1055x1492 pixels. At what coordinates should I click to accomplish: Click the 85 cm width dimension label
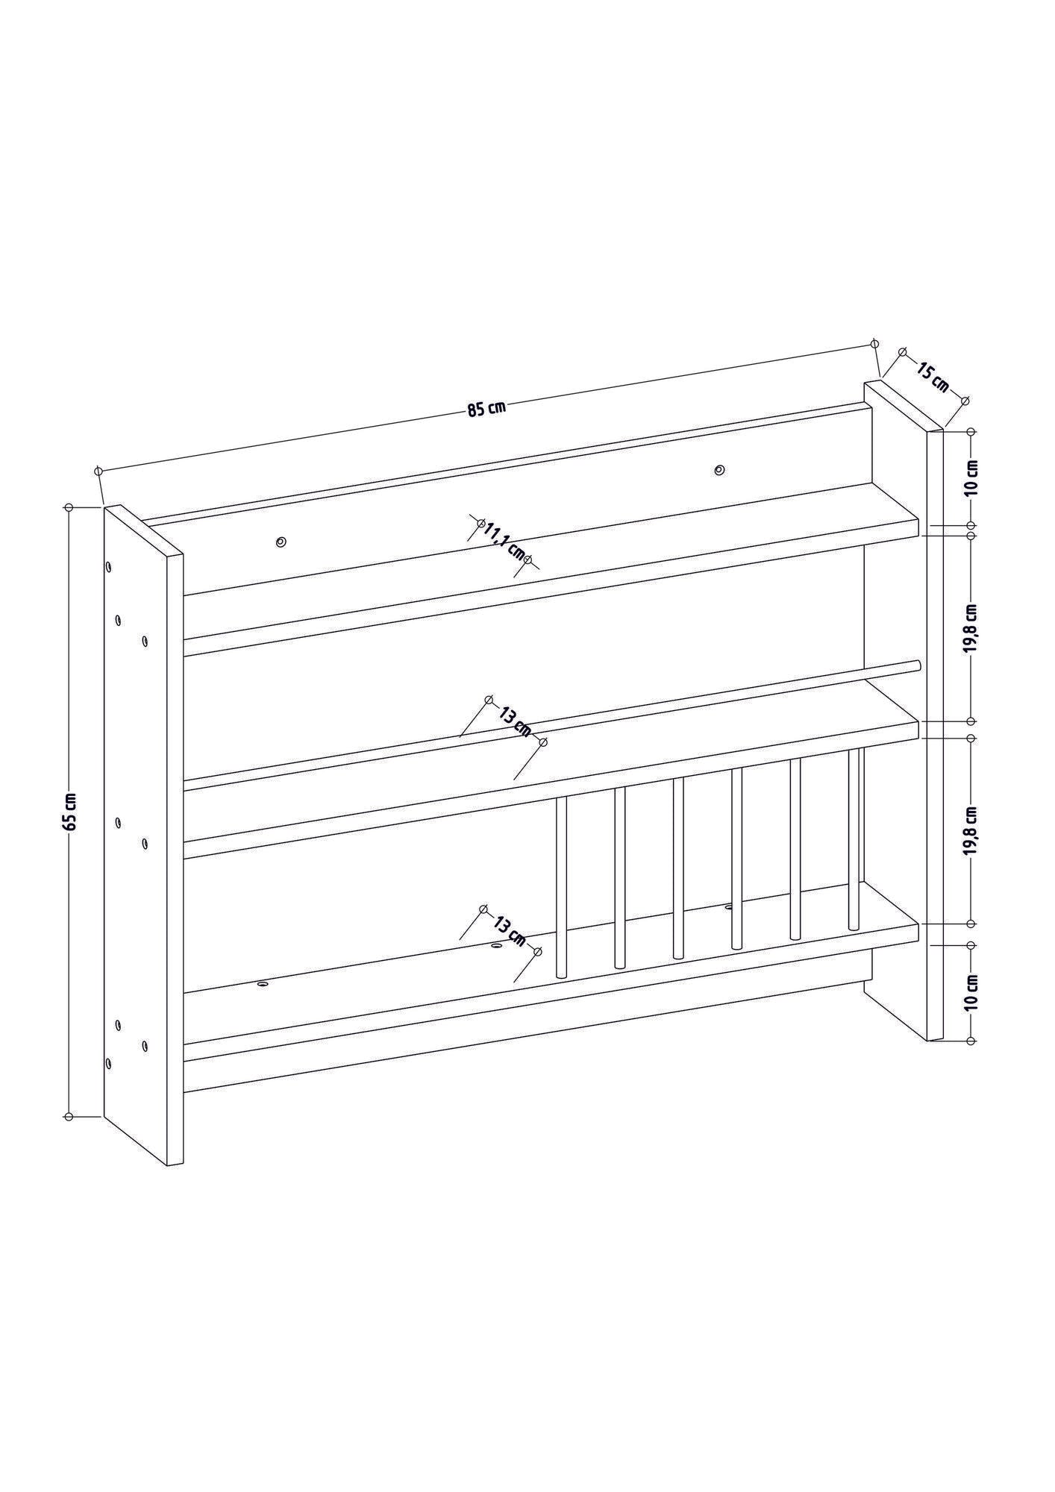click(x=486, y=408)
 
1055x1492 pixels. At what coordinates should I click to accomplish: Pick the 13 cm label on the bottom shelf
click(x=510, y=930)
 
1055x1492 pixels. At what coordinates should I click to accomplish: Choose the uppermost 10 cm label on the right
click(x=971, y=478)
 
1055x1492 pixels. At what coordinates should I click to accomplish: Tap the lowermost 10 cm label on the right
click(x=971, y=992)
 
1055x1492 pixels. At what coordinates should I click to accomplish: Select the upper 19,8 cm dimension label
click(x=971, y=629)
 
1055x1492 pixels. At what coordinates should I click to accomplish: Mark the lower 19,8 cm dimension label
click(x=971, y=830)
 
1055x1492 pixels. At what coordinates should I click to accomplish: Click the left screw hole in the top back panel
click(x=281, y=542)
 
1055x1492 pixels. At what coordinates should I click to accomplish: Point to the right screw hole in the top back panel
click(x=719, y=470)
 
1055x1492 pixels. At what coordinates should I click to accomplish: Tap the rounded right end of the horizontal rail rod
click(x=918, y=665)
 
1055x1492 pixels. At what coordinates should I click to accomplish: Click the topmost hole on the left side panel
click(x=109, y=568)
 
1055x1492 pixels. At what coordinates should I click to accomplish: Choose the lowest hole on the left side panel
click(x=109, y=1063)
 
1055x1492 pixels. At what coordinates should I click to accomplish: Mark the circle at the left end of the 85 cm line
click(x=98, y=471)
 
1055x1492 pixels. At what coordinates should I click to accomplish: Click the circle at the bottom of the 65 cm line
click(x=69, y=1138)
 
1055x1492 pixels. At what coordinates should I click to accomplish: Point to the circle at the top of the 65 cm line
click(x=69, y=507)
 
